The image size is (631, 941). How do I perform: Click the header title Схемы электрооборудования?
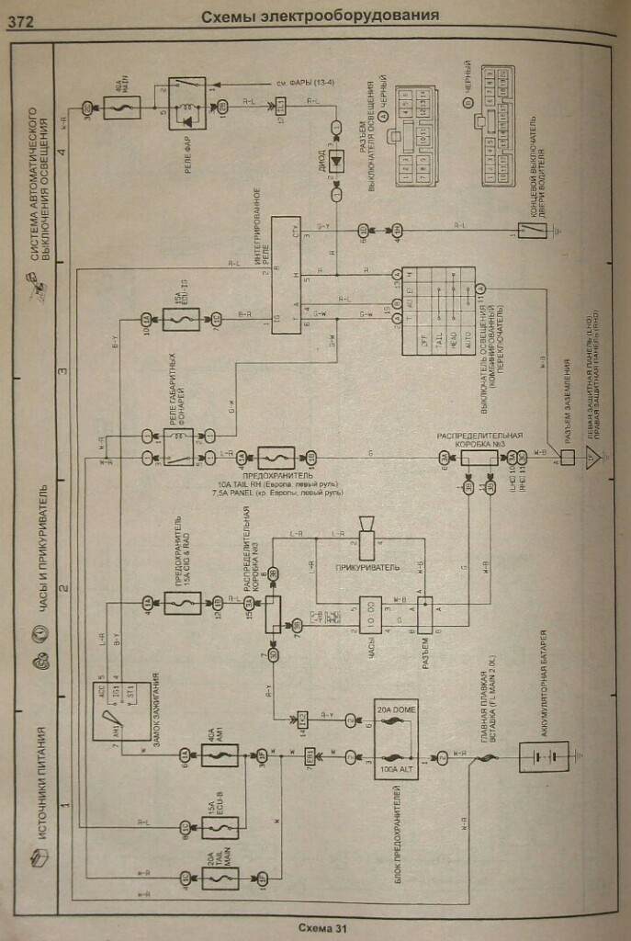[319, 16]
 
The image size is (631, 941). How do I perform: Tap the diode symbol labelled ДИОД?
[336, 159]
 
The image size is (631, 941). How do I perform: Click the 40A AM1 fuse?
[220, 755]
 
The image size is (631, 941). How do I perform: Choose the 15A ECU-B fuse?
[220, 828]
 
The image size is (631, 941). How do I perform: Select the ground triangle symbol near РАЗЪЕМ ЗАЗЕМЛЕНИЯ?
[593, 457]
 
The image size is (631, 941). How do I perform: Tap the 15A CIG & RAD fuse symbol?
[182, 604]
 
